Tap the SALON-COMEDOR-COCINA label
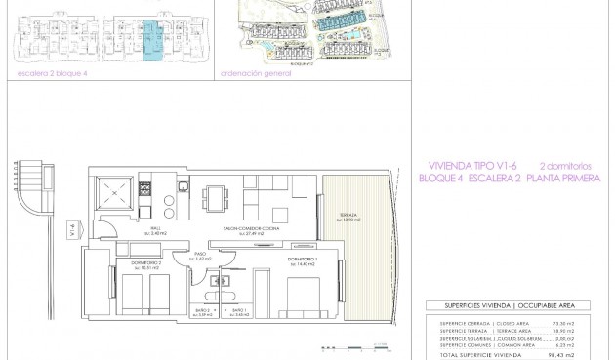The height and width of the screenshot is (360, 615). [x=245, y=231]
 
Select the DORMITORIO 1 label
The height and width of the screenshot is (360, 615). [x=304, y=260]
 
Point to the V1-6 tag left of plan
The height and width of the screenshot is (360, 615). [x=74, y=231]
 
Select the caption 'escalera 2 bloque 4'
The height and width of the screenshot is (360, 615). [x=46, y=72]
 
